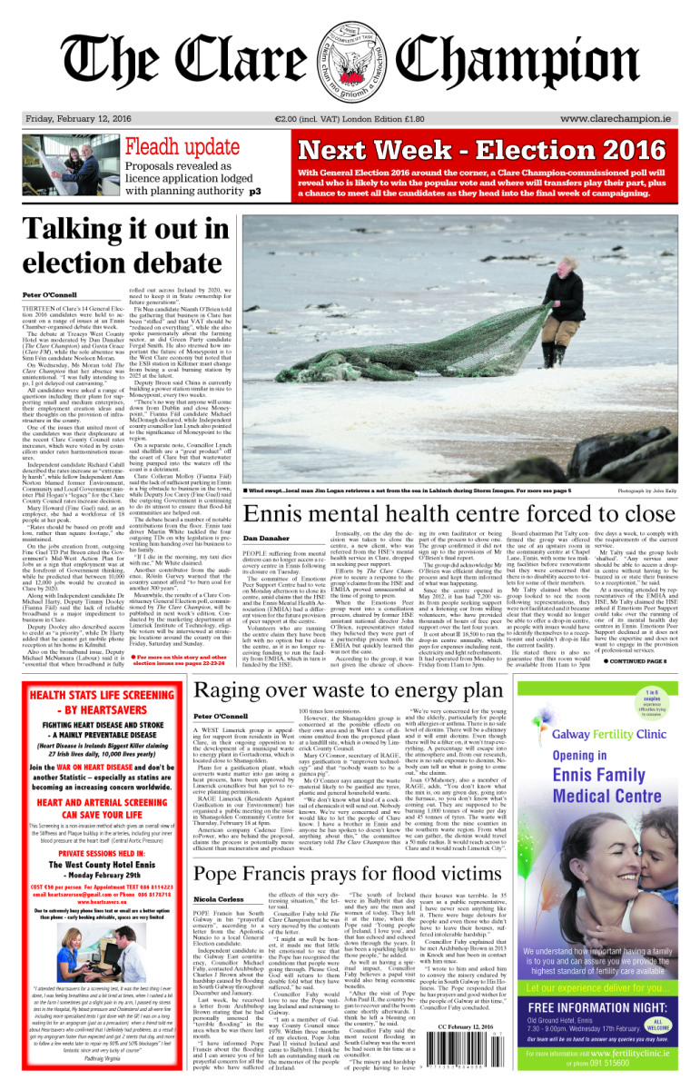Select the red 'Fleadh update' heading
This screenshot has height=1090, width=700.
(x=182, y=147)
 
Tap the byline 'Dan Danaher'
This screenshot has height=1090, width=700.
(x=267, y=513)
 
